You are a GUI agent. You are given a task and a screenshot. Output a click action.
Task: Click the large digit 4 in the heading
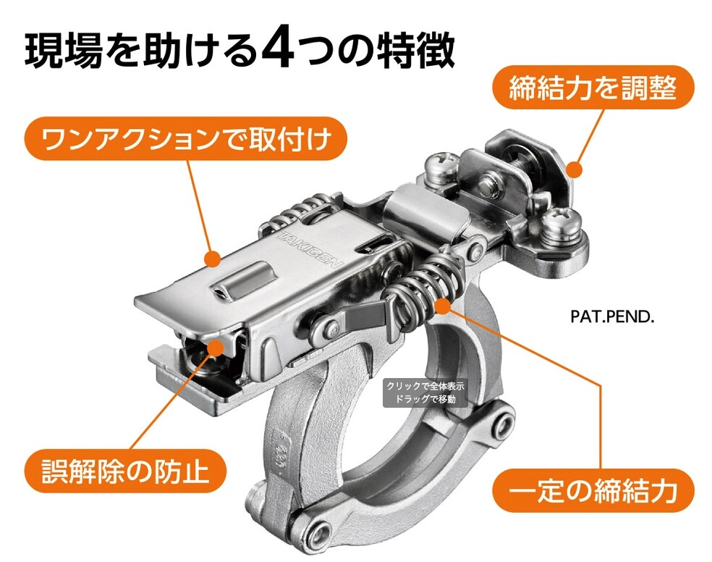click(279, 49)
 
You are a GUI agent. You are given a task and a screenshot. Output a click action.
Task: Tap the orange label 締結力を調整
click(593, 88)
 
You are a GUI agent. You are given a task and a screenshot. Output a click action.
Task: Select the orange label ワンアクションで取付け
click(185, 138)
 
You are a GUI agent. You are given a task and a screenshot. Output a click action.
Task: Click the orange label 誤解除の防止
click(125, 471)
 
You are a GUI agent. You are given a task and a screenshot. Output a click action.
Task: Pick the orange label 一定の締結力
click(593, 491)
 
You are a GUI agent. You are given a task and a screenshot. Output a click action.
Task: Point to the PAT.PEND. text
click(612, 316)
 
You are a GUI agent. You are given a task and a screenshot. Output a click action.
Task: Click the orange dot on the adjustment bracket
click(575, 170)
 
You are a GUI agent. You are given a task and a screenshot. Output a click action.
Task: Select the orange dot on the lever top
click(212, 259)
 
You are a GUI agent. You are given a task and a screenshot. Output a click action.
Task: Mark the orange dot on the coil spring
click(442, 306)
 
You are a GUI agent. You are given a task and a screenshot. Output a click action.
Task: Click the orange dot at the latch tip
click(216, 348)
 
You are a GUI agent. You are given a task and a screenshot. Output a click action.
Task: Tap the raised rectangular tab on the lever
click(243, 281)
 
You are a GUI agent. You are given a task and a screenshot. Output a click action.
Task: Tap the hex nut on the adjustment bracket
click(491, 183)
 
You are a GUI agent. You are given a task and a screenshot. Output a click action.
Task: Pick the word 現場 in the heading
click(64, 50)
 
